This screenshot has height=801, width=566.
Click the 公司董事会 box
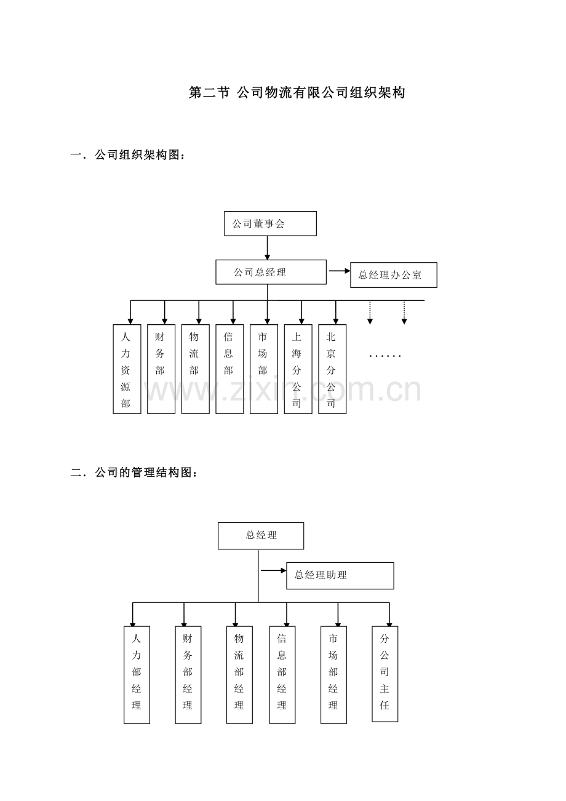click(270, 223)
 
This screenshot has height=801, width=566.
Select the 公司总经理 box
click(271, 272)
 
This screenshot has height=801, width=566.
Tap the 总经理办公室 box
click(394, 275)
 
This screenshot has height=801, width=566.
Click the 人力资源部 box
click(127, 369)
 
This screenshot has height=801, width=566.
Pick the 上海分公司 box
click(298, 369)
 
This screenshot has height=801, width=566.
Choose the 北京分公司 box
click(332, 369)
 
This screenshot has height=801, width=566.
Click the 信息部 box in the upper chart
click(229, 369)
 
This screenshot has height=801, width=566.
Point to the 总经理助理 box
click(340, 576)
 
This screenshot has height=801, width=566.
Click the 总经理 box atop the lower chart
click(261, 536)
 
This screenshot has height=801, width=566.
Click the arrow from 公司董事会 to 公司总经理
click(267, 248)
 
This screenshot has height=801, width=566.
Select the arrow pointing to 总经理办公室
click(340, 271)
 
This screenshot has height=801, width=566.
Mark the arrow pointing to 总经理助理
click(274, 570)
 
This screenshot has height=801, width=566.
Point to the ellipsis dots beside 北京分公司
click(385, 356)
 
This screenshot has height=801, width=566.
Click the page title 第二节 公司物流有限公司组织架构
click(297, 93)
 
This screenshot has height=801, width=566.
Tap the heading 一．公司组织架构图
click(127, 155)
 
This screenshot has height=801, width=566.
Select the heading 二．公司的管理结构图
click(134, 472)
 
